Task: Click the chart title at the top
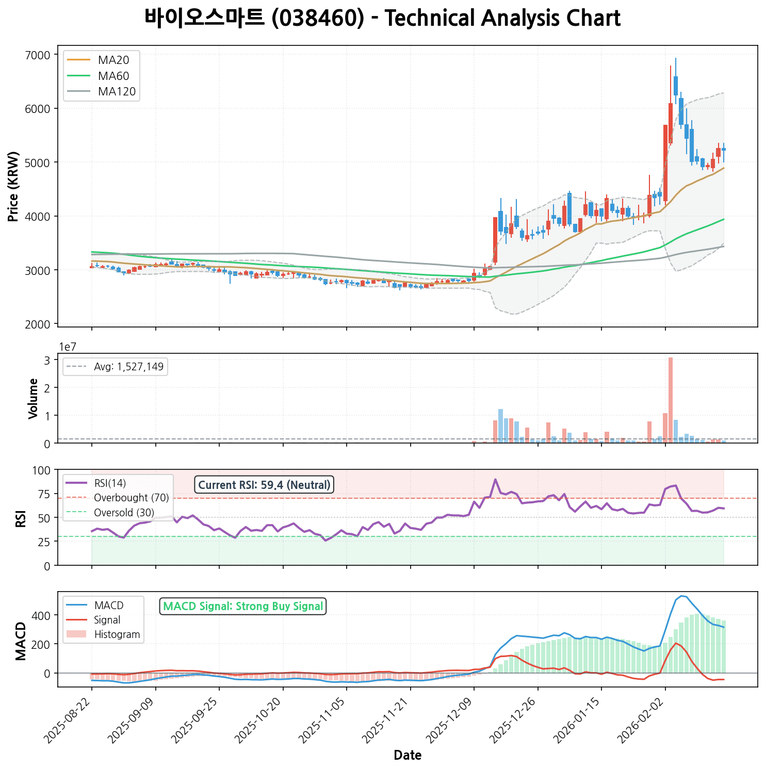[382, 19]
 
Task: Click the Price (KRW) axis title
[14, 186]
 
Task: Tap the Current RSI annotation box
[264, 485]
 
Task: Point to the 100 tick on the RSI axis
[43, 470]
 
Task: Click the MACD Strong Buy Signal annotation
[243, 606]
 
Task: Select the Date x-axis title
[408, 756]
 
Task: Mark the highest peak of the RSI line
[495, 479]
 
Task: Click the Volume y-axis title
[34, 398]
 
